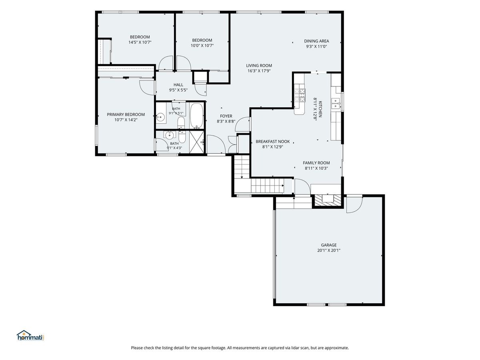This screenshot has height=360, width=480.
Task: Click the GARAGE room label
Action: (x=328, y=245)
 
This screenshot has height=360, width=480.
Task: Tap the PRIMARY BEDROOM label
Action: (x=126, y=114)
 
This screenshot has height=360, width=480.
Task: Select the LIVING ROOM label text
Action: (x=259, y=65)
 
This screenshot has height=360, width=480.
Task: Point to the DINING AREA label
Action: (x=316, y=41)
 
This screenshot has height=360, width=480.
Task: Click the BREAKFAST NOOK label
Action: (x=273, y=142)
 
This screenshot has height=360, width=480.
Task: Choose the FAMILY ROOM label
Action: (x=316, y=163)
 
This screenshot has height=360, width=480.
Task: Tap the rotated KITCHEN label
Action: (x=320, y=109)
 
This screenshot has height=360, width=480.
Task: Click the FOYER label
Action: (x=226, y=116)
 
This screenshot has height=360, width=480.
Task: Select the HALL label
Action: (x=178, y=85)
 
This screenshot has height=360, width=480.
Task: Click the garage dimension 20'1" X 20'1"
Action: (x=329, y=250)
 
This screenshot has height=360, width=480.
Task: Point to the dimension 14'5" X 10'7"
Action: (x=140, y=42)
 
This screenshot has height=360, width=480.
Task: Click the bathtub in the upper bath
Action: (x=196, y=116)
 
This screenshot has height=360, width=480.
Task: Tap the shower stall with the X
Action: (x=196, y=142)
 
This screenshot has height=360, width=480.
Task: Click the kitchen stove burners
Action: (x=300, y=95)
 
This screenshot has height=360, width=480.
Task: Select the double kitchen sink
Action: (x=336, y=103)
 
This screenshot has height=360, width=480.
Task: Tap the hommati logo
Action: (x=30, y=336)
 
